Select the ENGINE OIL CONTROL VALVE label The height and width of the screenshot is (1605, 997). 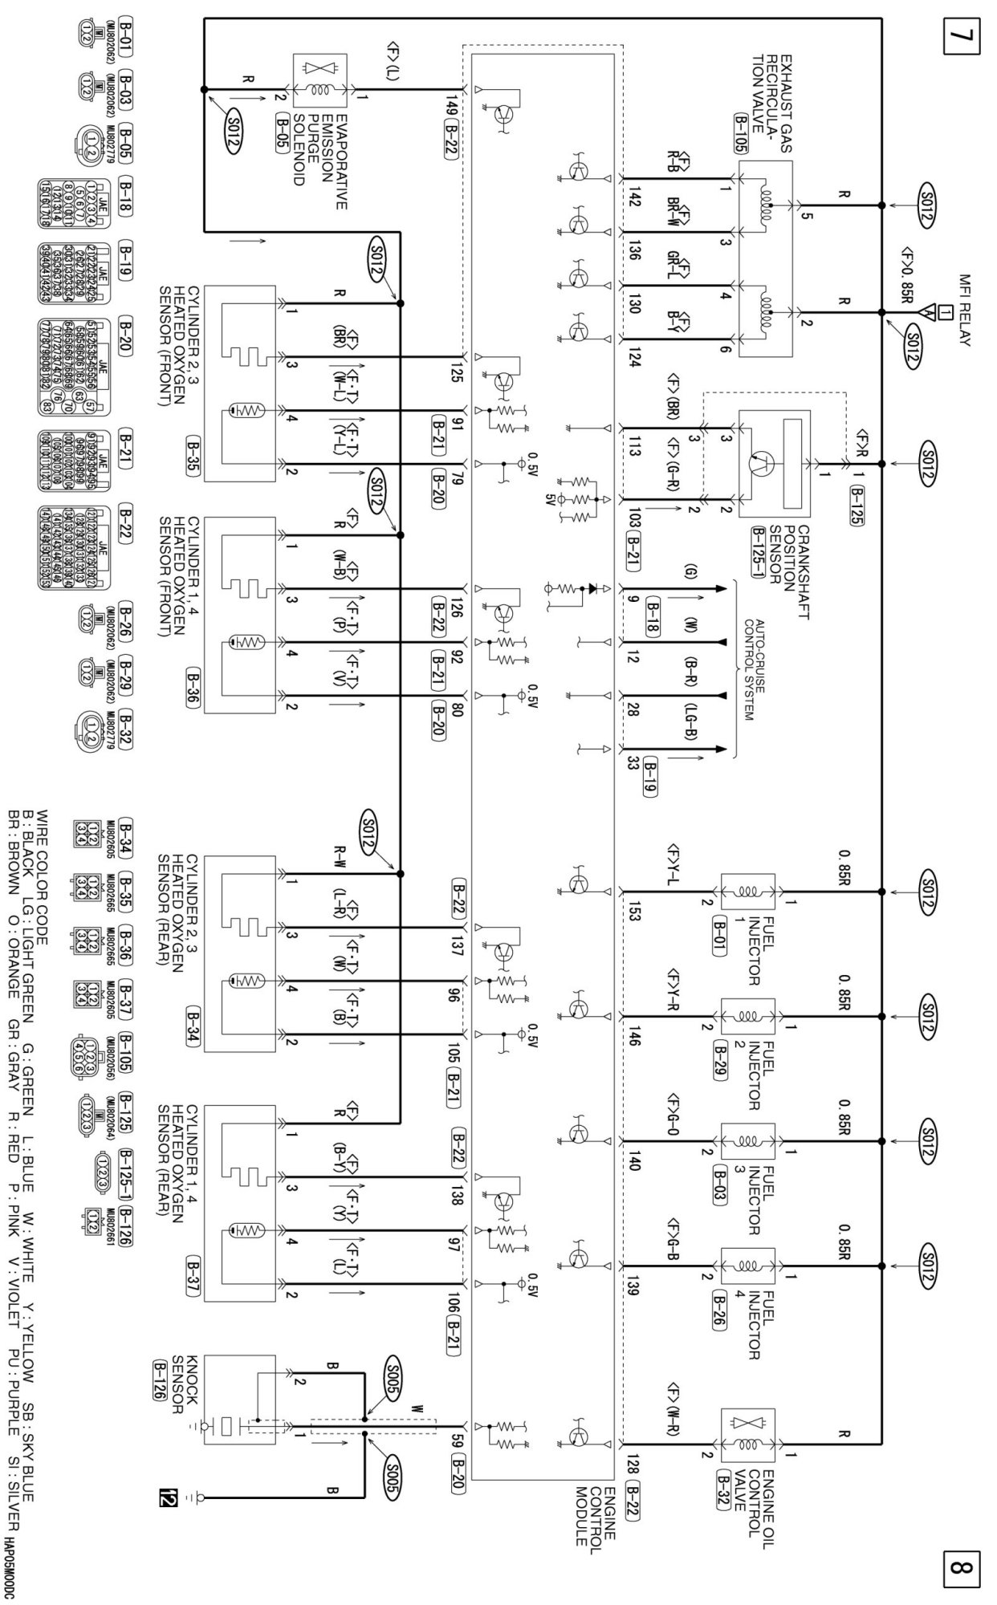pos(755,1489)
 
